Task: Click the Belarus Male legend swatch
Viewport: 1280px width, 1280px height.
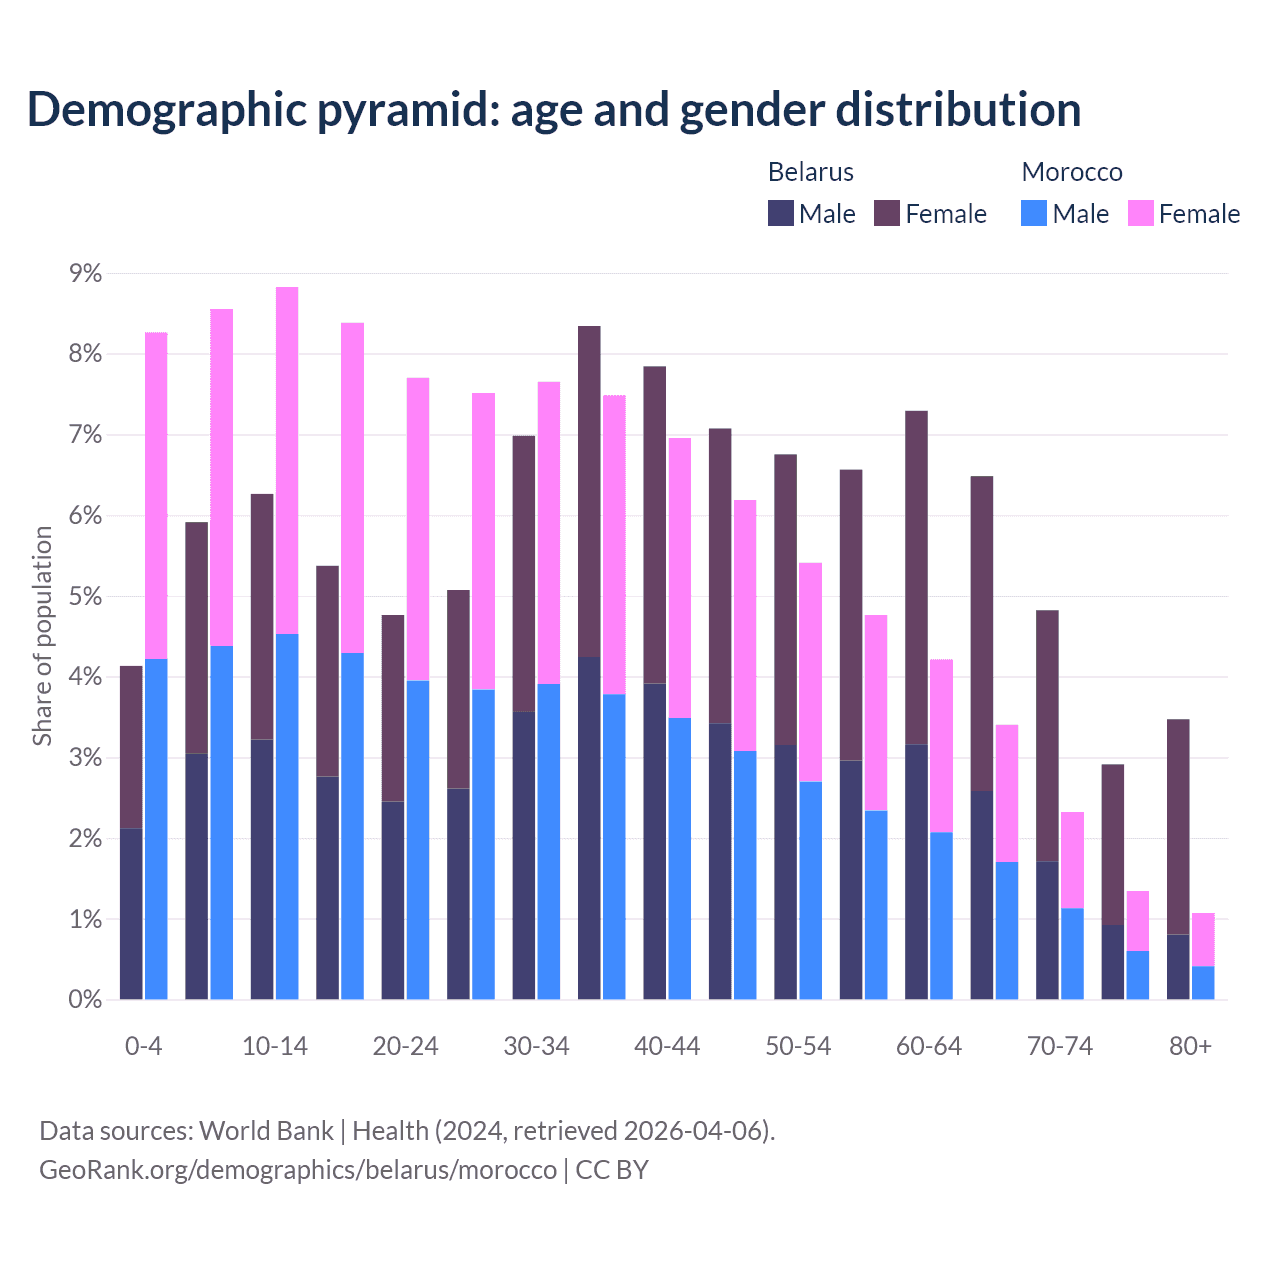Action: pyautogui.click(x=781, y=213)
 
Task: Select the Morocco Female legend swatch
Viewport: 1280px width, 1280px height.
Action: pyautogui.click(x=1141, y=213)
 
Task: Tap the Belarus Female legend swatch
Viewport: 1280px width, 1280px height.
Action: pyautogui.click(x=887, y=213)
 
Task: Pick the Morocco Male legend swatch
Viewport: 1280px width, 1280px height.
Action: pyautogui.click(x=1034, y=213)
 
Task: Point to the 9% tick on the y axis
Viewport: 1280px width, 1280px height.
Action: pyautogui.click(x=84, y=274)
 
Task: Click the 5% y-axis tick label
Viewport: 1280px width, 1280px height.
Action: pyautogui.click(x=84, y=597)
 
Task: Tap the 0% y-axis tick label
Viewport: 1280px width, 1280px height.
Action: pyautogui.click(x=84, y=1000)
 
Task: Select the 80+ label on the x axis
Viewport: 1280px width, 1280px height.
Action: pyautogui.click(x=1190, y=1046)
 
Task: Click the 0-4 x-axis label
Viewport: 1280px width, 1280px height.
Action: pyautogui.click(x=143, y=1046)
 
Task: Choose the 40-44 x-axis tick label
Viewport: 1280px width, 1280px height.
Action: pyautogui.click(x=667, y=1046)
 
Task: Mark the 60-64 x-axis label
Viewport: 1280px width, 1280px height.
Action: pyautogui.click(x=929, y=1046)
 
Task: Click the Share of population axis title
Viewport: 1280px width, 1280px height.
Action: pyautogui.click(x=42, y=636)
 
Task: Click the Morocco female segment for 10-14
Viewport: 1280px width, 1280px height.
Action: pyautogui.click(x=287, y=460)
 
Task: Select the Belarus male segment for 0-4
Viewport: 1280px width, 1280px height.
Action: pyautogui.click(x=131, y=913)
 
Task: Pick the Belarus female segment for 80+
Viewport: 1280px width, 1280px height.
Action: pyautogui.click(x=1178, y=826)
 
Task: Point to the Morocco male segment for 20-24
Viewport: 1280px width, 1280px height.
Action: pyautogui.click(x=418, y=840)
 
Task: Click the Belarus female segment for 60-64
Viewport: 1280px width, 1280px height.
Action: pyautogui.click(x=916, y=577)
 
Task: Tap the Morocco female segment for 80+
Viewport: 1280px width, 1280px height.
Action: pyautogui.click(x=1203, y=939)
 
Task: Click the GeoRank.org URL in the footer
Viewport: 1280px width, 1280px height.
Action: pyautogui.click(x=298, y=1169)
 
